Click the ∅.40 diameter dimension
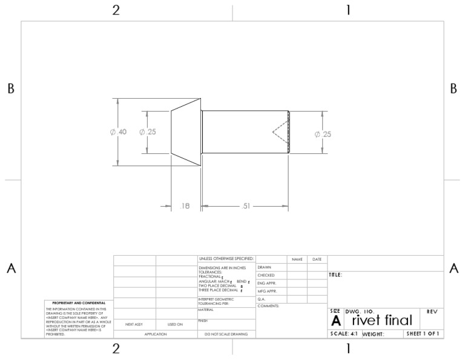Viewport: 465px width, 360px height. pos(119,133)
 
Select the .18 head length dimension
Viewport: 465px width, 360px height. pos(185,206)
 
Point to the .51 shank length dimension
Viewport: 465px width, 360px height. pos(245,206)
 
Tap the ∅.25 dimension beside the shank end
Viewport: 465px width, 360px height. pos(323,134)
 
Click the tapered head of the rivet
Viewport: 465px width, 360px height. pos(186,132)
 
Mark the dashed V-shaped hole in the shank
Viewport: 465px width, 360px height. pos(279,132)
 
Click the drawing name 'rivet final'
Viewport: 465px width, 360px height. pos(382,320)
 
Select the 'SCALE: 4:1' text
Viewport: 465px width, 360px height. pos(344,334)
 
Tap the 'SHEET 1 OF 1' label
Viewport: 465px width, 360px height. pos(423,334)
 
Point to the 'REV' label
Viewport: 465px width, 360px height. pos(432,312)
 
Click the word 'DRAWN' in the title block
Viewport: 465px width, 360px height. pos(264,267)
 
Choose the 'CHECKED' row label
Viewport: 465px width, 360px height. pos(266,275)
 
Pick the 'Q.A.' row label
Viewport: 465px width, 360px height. pos(262,299)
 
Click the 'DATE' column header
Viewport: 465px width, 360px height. pos(317,259)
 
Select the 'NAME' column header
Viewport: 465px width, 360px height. pos(297,259)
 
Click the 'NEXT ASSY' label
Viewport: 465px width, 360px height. pos(134,324)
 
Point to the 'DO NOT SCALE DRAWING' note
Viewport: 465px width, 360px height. pos(226,334)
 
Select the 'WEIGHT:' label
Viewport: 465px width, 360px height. pos(374,334)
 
